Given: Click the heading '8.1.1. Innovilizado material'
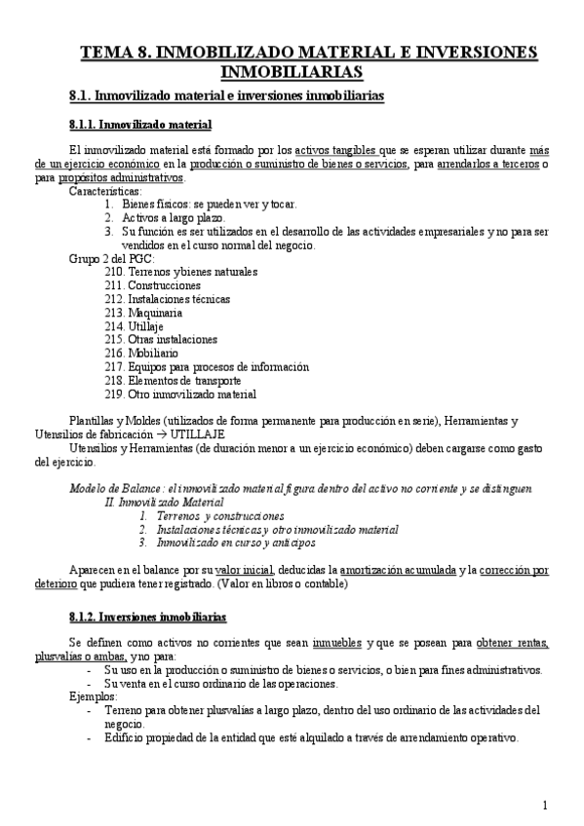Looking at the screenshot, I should pos(140,126).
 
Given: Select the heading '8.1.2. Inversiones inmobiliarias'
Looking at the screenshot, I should pos(148,618).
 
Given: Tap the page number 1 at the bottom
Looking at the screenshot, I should pos(546,805).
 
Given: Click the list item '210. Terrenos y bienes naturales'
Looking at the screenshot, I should pos(180,272).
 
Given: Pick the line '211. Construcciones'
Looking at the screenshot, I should pos(152,285).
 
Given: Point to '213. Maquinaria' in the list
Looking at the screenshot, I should pos(142,313).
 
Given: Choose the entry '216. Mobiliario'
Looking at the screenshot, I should pos(140,354).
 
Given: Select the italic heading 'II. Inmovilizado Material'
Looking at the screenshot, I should pos(164,501).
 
